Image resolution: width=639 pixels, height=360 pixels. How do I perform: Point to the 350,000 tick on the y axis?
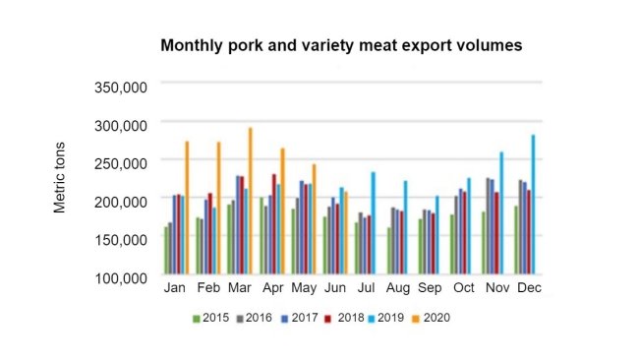point(120,87)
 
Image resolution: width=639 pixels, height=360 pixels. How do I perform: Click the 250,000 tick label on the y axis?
point(120,162)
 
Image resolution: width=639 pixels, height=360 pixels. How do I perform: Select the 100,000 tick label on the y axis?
point(120,276)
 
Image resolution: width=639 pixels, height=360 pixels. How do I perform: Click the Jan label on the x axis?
point(174,287)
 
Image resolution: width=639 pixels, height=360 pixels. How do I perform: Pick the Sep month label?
point(429,287)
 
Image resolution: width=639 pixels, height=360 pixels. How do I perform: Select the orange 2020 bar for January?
point(187,208)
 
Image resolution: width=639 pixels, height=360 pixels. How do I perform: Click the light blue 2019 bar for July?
point(374,223)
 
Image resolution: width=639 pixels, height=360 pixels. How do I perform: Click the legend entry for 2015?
point(209,318)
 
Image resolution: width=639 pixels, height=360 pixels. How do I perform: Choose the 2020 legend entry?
point(431,318)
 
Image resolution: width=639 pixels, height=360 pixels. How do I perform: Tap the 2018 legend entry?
point(344,318)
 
